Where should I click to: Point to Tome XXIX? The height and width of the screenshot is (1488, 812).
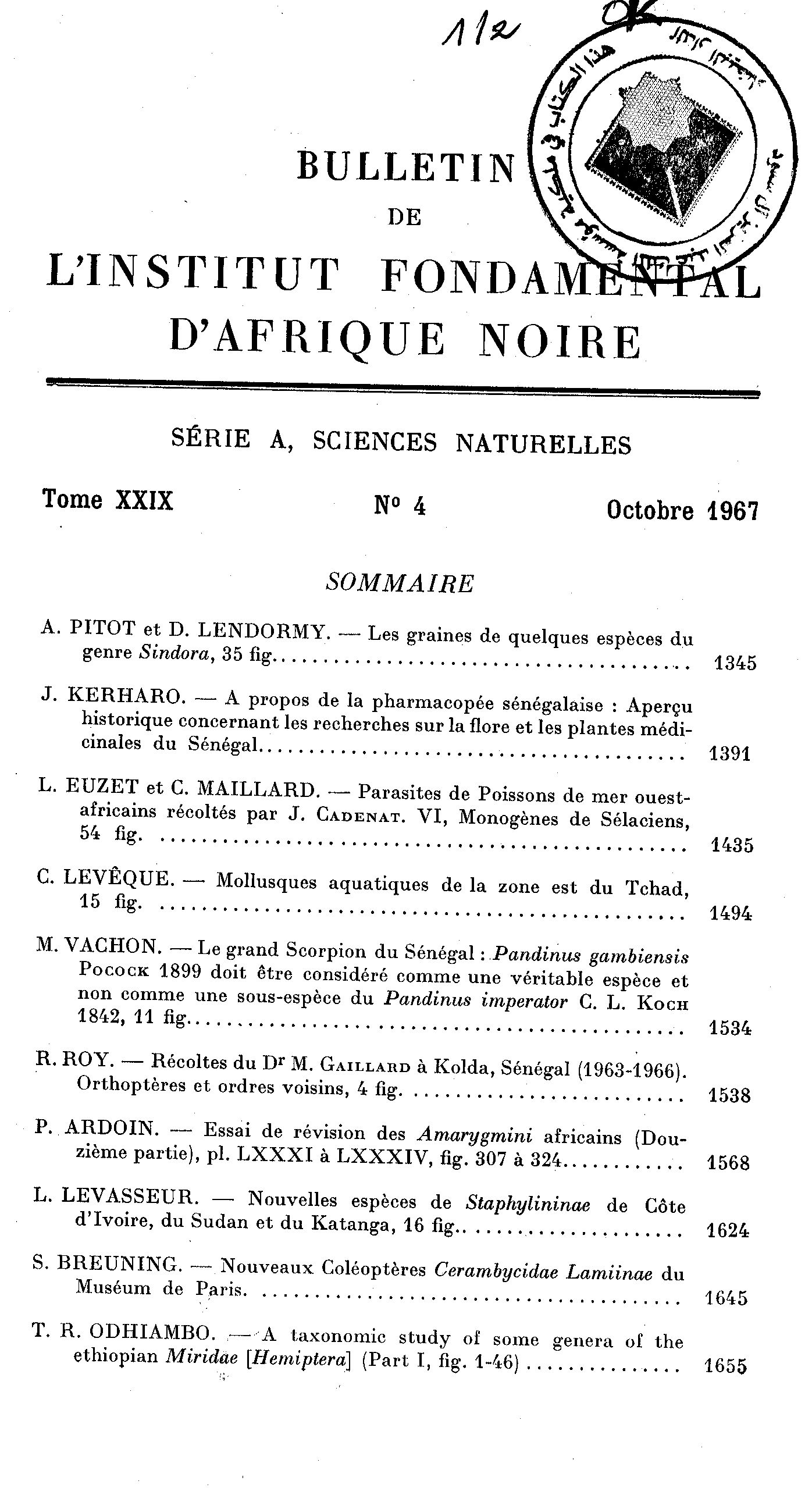pyautogui.click(x=108, y=500)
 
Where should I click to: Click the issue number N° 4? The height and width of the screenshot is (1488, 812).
pyautogui.click(x=400, y=507)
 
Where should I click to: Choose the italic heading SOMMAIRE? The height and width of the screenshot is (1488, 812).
pyautogui.click(x=400, y=583)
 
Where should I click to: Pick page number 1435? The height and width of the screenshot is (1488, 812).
pyautogui.click(x=732, y=845)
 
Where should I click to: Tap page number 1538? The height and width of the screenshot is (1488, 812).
pyautogui.click(x=729, y=1096)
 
